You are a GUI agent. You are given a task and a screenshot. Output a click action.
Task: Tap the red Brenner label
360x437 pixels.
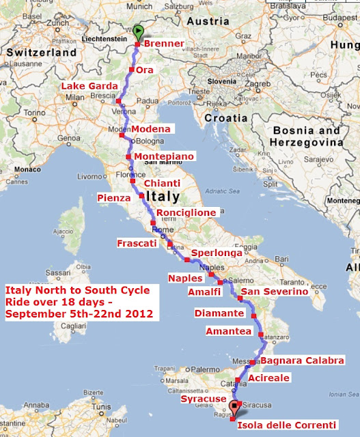165,44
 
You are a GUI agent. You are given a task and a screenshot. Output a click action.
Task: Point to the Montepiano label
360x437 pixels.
164,156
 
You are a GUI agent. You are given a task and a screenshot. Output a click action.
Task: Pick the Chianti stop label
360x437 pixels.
162,184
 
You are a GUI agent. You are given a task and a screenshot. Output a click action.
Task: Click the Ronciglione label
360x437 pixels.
186,213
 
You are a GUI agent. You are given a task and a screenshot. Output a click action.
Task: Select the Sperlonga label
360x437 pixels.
217,253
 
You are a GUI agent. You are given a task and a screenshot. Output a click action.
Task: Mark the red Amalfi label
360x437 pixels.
204,292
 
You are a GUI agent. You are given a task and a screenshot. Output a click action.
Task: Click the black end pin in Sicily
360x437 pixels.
234,407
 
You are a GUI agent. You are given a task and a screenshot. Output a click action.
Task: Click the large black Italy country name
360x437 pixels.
160,197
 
